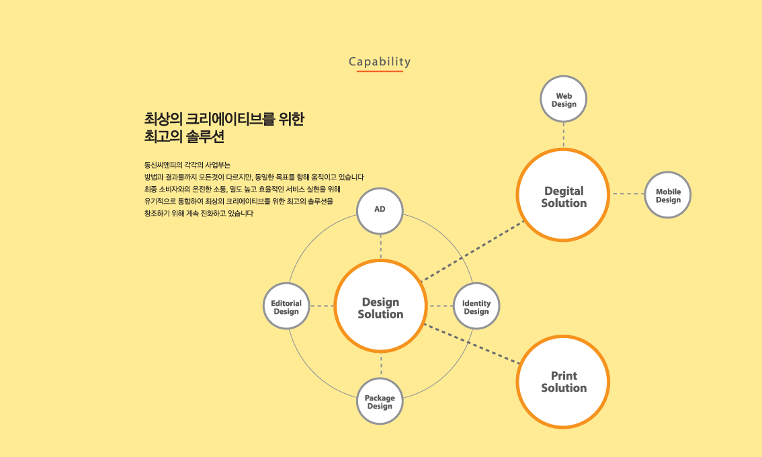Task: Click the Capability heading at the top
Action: click(x=380, y=62)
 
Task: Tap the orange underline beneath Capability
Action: click(x=380, y=71)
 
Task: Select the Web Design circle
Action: click(x=564, y=99)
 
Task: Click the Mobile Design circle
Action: click(x=668, y=195)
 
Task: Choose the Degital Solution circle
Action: click(x=563, y=195)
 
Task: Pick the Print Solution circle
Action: click(x=563, y=382)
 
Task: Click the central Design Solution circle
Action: click(x=380, y=306)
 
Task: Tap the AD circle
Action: click(x=380, y=211)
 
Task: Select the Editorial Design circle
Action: click(x=286, y=306)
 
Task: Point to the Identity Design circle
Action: click(x=476, y=306)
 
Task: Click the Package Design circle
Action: click(x=380, y=401)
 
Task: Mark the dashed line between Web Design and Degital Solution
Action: click(x=564, y=135)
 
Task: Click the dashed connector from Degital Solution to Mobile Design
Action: click(x=628, y=194)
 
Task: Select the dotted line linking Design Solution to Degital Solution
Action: click(x=472, y=251)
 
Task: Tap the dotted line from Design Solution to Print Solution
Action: click(x=472, y=343)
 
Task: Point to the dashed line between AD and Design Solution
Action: click(x=380, y=247)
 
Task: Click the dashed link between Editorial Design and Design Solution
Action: click(x=322, y=306)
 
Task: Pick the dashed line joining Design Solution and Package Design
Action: click(x=381, y=366)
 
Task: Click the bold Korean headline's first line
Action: click(x=224, y=119)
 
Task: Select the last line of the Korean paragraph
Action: click(x=199, y=214)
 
